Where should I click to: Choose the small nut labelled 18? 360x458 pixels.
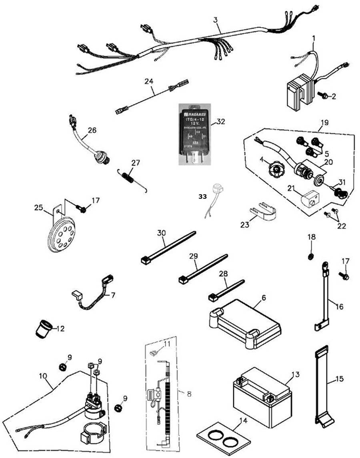[x=311, y=256]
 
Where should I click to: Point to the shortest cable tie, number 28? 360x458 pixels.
[x=226, y=290]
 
